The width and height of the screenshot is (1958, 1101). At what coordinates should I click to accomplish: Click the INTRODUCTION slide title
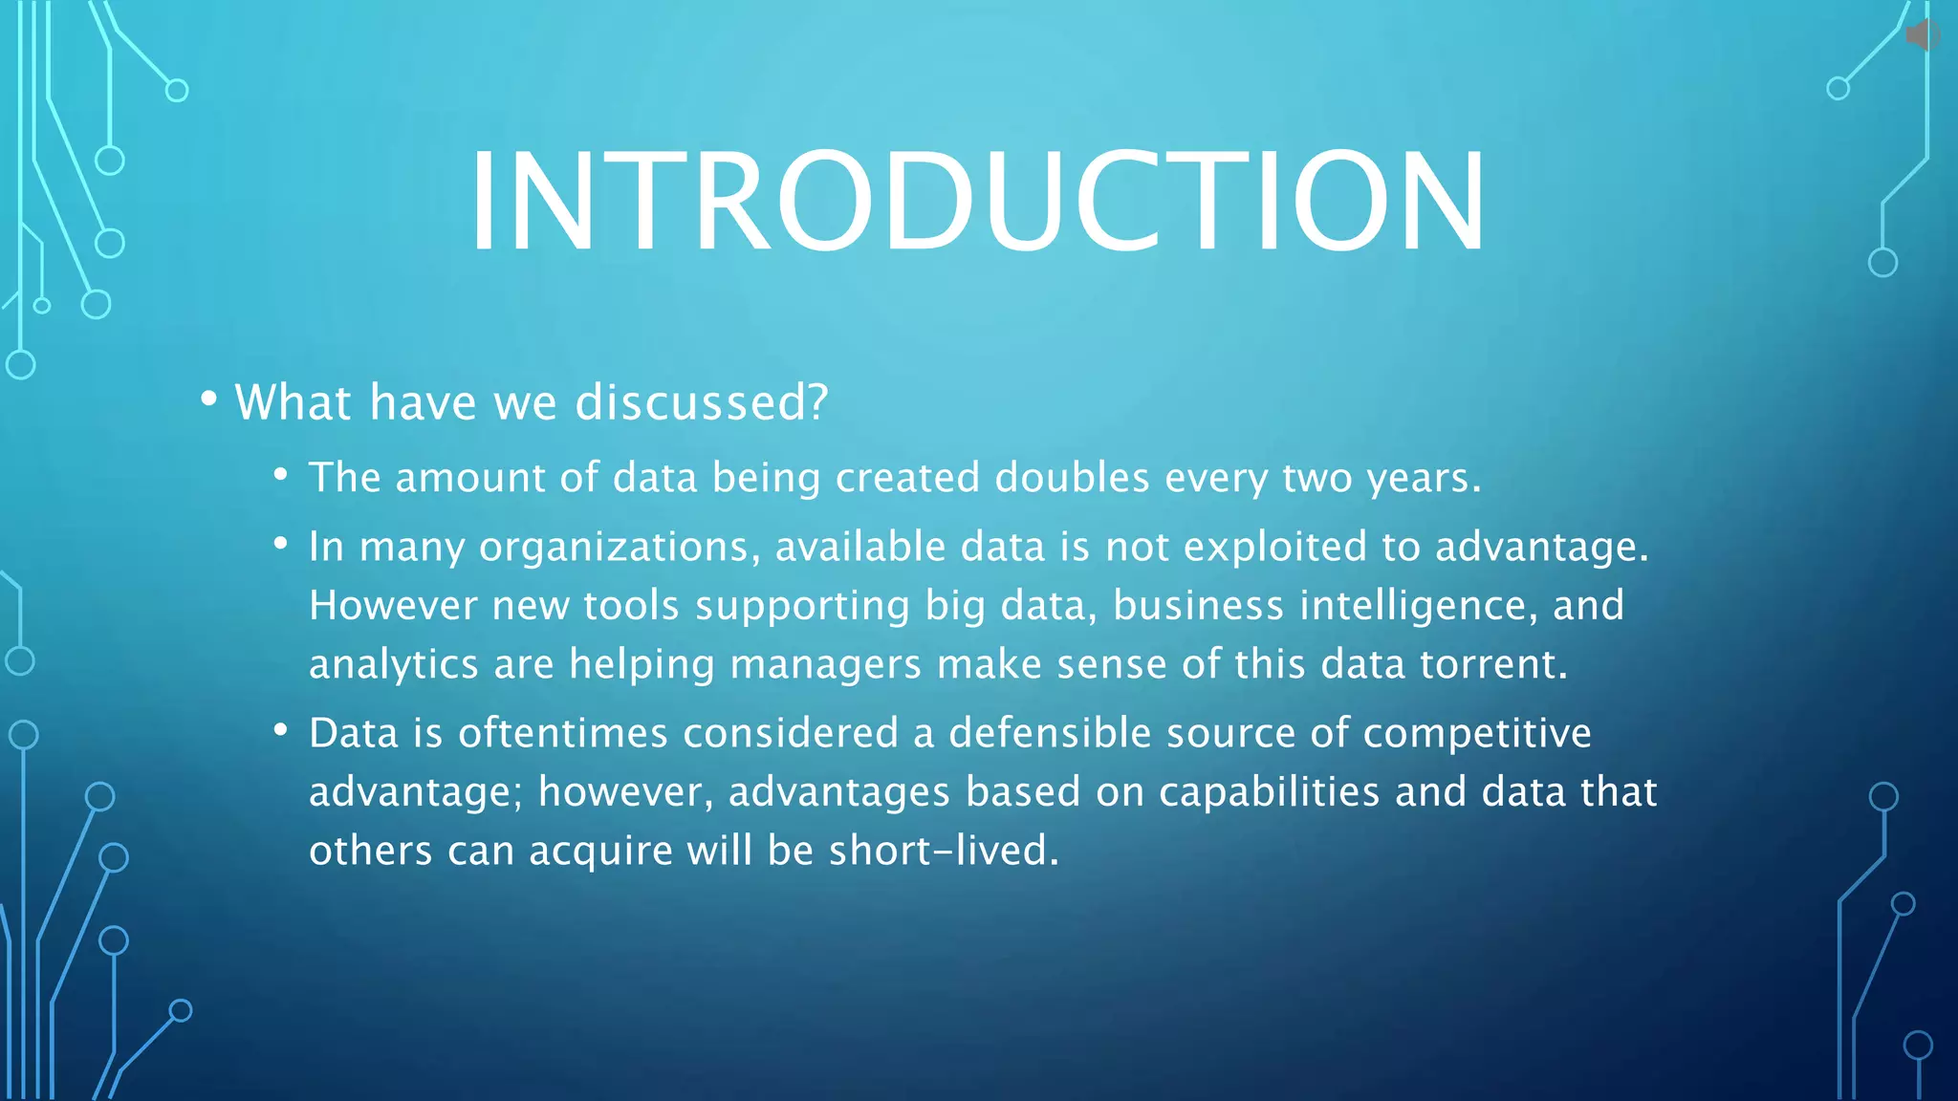click(x=977, y=202)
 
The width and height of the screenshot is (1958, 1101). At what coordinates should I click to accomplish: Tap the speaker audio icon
click(x=1922, y=36)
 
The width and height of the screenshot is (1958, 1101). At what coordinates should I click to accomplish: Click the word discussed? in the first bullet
click(x=701, y=402)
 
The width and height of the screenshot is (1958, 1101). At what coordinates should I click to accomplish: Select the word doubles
click(x=1072, y=478)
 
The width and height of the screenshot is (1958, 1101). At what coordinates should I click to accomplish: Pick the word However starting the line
click(x=392, y=606)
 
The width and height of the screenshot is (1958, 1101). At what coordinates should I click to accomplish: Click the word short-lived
click(x=944, y=851)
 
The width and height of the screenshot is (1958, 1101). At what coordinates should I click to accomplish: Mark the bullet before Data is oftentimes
click(x=280, y=730)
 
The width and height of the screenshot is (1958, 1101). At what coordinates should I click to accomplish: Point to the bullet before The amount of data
click(x=280, y=474)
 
